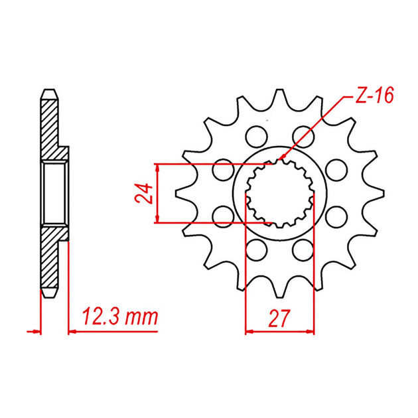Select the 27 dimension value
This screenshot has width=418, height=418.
tap(279, 318)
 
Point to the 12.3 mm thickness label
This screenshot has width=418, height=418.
tap(120, 317)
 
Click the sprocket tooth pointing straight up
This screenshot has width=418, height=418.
tap(279, 99)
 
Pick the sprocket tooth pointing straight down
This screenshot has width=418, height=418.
tap(279, 288)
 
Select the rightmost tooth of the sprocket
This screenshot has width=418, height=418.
tap(374, 193)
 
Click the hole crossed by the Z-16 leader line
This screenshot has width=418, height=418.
tap(303, 137)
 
